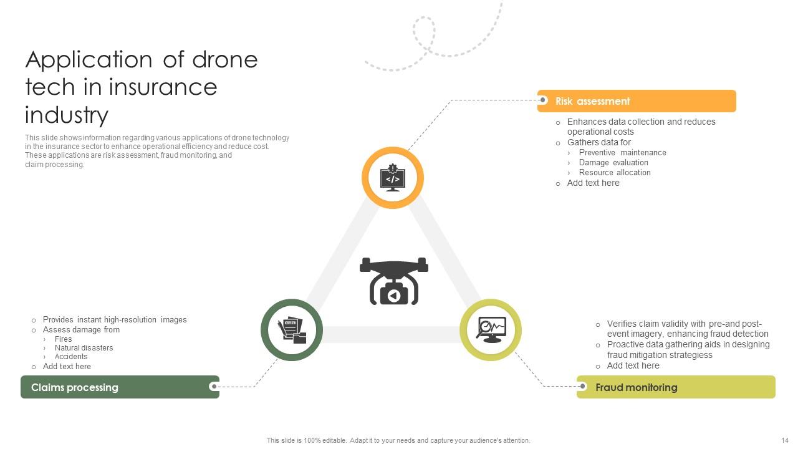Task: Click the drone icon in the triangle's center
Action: click(393, 281)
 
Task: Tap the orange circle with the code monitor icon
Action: click(393, 178)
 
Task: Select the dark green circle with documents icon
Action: click(291, 330)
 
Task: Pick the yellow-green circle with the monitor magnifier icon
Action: click(491, 330)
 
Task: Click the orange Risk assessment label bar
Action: click(637, 101)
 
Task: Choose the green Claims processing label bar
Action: click(120, 387)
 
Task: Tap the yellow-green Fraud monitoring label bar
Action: click(676, 387)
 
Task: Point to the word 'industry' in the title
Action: click(67, 115)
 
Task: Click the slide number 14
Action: click(784, 440)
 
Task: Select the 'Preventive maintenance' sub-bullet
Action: click(622, 153)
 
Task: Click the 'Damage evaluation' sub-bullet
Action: click(613, 163)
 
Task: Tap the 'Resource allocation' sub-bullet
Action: click(615, 173)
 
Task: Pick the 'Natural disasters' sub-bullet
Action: click(84, 348)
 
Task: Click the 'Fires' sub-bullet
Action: click(63, 339)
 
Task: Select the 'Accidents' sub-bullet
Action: click(71, 357)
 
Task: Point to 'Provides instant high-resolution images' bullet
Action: click(115, 320)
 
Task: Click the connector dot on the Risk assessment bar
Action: click(543, 100)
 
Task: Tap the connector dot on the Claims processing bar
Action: click(214, 387)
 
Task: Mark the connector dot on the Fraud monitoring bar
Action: click(582, 387)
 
